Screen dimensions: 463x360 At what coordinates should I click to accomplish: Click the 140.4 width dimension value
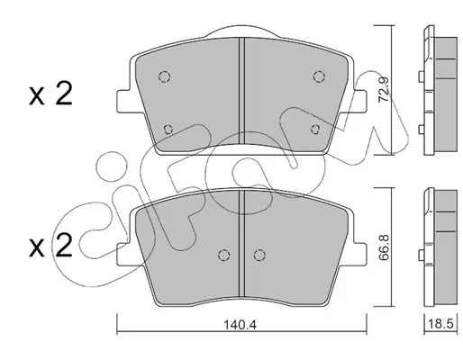point(240,325)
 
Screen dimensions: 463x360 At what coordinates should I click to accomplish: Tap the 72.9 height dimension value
point(384,90)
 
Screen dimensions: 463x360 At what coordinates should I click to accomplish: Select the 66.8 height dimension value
point(384,248)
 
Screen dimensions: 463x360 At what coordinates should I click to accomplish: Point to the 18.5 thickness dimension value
point(440,324)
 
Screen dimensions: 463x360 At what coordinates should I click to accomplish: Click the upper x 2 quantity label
point(50,94)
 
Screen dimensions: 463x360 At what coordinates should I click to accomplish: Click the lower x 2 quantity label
point(50,246)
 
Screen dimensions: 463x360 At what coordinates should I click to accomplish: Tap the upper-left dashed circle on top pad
point(164,76)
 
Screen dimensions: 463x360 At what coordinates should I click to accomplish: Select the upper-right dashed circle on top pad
point(319,76)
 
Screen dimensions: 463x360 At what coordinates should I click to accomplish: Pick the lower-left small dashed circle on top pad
point(168,130)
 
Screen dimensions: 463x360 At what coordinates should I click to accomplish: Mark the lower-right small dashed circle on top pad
point(315,130)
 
